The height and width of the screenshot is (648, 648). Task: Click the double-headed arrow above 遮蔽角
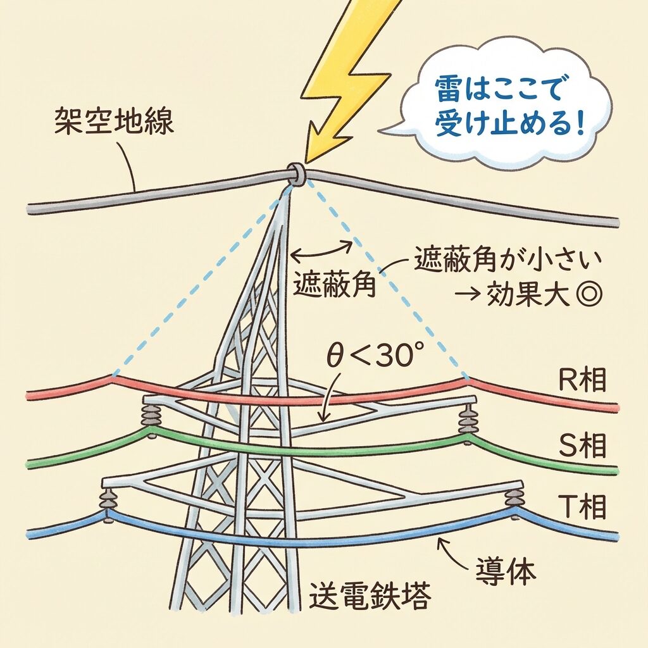(320, 250)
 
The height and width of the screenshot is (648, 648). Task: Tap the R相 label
(583, 381)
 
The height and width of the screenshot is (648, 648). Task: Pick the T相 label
(583, 506)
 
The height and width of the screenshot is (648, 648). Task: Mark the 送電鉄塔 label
(370, 595)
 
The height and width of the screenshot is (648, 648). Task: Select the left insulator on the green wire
(151, 418)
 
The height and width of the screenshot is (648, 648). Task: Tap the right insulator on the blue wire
(513, 498)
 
